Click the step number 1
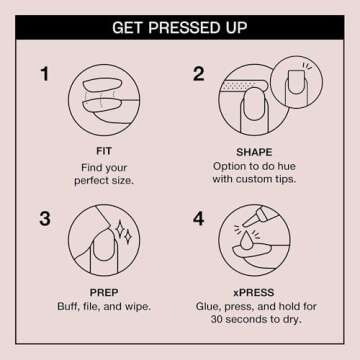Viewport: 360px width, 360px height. tap(45, 74)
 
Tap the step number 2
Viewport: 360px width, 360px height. tap(198, 74)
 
